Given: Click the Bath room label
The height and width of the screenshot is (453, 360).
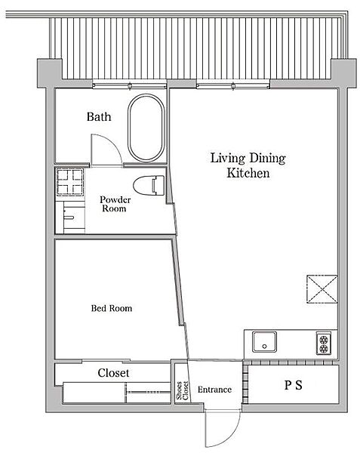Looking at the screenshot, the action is tap(99, 117).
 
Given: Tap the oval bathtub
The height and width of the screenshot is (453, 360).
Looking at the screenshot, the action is tap(146, 128).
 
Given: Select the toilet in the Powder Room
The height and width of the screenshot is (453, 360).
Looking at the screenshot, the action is tap(149, 185).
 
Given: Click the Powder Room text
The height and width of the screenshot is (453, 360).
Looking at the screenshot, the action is tap(115, 204).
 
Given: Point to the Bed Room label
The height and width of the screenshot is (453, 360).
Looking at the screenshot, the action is tap(112, 308).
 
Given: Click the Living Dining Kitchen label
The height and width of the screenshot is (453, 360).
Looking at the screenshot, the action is tap(248, 165).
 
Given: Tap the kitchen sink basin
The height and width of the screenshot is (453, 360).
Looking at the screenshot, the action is tap(264, 342).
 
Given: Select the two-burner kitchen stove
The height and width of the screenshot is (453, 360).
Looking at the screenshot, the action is tap(324, 343).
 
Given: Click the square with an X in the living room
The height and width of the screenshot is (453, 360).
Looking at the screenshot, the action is tap(322, 289).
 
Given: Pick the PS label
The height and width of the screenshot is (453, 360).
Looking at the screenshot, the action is tap(294, 385).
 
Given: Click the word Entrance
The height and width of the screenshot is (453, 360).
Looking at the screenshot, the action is tap(214, 390).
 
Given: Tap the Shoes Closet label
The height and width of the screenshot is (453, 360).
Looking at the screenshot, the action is tap(182, 391).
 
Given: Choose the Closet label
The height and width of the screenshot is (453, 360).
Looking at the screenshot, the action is tap(113, 373).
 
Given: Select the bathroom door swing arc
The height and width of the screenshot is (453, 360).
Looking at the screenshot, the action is tap(113, 144).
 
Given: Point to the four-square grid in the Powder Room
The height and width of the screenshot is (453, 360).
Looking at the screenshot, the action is tap(69, 182).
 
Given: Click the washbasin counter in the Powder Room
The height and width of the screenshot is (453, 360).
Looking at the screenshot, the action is tap(71, 217).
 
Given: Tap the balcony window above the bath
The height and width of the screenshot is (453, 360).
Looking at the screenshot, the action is tap(130, 85).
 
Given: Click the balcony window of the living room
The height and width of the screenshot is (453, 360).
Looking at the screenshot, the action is tap(233, 86).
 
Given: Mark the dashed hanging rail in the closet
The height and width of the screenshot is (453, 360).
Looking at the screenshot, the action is tap(149, 392).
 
